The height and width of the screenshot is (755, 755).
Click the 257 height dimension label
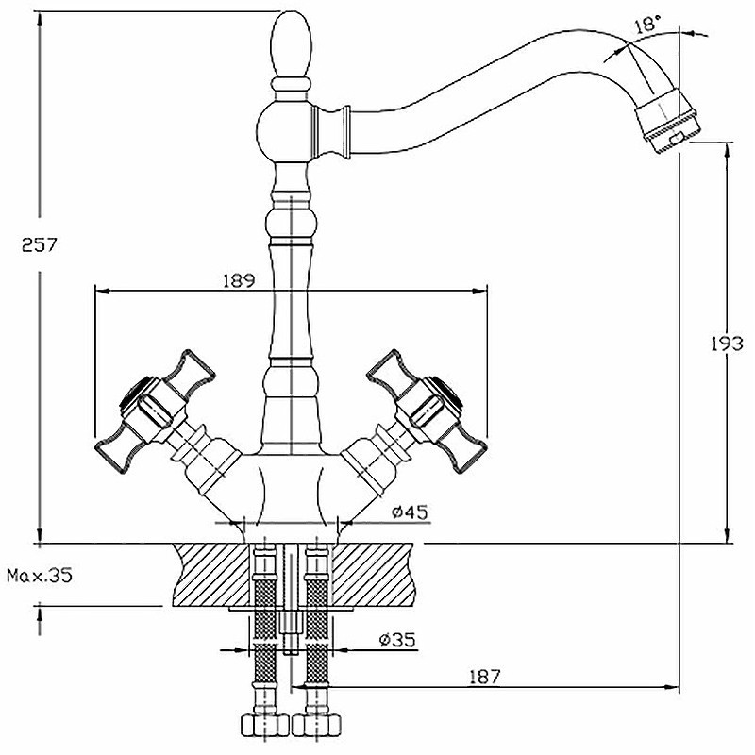[39, 245]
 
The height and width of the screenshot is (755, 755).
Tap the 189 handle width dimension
[239, 280]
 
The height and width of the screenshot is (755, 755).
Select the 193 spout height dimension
[727, 344]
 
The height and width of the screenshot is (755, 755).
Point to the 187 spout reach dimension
[485, 677]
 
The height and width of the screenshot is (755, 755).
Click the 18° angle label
[647, 25]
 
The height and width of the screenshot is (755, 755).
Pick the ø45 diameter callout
[410, 512]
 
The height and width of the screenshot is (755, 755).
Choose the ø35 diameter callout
[396, 640]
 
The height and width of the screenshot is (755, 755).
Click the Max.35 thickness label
[40, 576]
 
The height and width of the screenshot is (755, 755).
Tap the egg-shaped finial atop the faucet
[291, 44]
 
